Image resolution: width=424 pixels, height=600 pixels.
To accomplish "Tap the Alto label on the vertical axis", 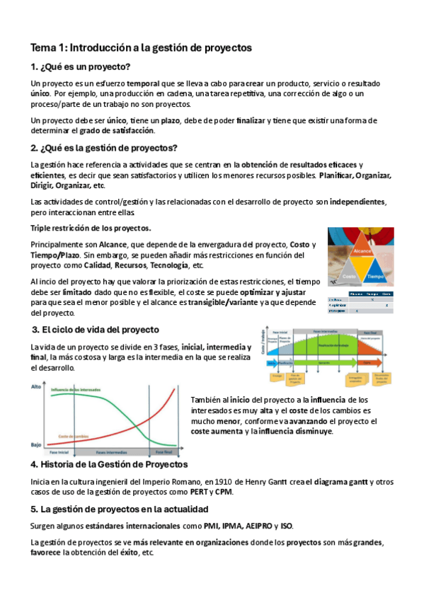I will click(x=35, y=388).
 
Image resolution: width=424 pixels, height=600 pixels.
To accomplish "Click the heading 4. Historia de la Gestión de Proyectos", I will click(x=109, y=465).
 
